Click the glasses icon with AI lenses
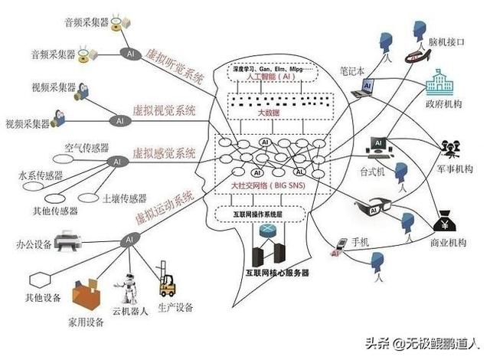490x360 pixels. [374, 205]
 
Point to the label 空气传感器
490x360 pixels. [87, 146]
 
